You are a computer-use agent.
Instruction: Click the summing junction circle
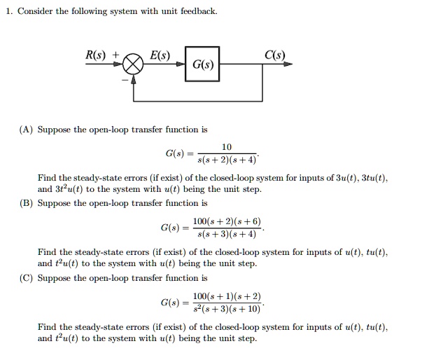pos(134,65)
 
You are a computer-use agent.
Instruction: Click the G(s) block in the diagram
pos(202,65)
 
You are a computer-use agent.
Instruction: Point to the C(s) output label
pos(275,55)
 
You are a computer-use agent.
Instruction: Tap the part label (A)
pos(26,130)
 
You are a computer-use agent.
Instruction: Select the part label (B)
pos(26,203)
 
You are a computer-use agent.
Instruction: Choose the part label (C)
pos(26,277)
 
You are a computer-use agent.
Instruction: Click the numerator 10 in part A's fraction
pos(226,147)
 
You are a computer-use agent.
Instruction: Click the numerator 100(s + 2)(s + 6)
pos(227,221)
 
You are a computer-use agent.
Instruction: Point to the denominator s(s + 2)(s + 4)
pos(227,159)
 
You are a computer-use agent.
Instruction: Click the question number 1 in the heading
pos(8,11)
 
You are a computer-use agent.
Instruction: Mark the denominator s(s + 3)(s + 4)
pos(227,233)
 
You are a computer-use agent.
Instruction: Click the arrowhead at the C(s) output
pos(288,64)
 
